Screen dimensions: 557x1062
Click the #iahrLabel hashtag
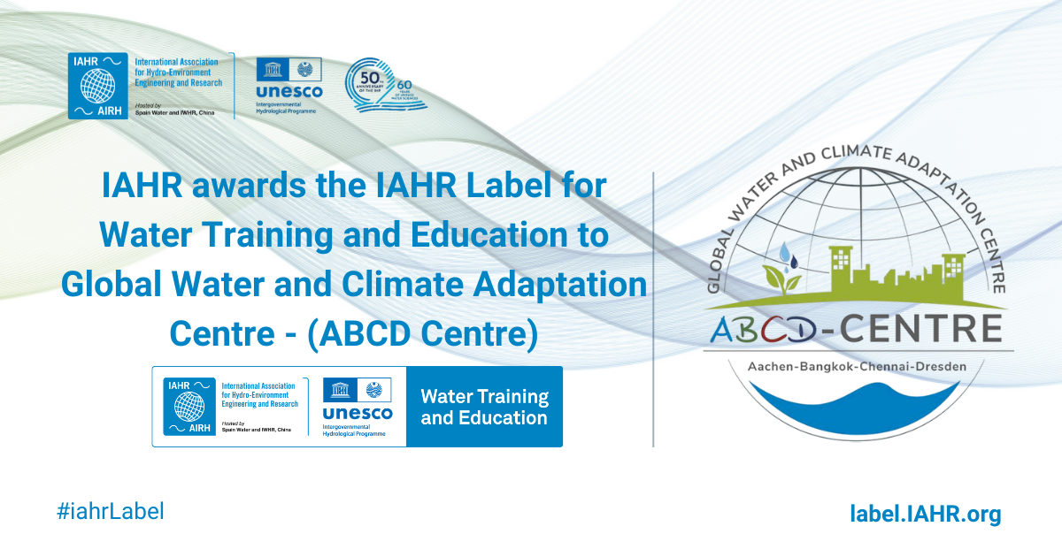[x=110, y=511]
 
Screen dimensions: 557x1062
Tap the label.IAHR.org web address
[x=925, y=514]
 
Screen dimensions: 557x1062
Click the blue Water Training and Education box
[x=484, y=407]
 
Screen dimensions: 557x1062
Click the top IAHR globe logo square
[x=98, y=86]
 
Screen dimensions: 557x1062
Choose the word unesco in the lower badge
[x=357, y=414]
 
